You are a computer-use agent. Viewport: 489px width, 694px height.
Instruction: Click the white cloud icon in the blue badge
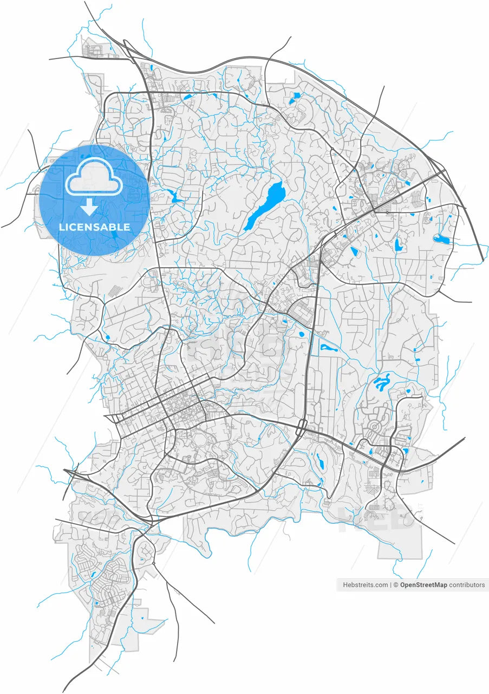[94, 176]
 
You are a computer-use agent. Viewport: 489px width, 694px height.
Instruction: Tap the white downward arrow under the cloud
[90, 207]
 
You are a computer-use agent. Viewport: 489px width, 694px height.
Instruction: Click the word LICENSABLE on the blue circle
[95, 227]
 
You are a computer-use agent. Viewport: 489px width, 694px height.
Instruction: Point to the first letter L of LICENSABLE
[61, 227]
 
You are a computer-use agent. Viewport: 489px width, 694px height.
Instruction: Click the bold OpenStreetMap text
[423, 585]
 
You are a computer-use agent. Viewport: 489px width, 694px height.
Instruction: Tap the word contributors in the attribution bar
[467, 585]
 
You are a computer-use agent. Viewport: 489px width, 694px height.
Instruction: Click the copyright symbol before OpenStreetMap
[396, 585]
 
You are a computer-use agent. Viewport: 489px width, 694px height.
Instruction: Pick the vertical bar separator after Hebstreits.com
[390, 585]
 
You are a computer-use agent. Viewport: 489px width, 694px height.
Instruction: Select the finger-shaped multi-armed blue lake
[382, 383]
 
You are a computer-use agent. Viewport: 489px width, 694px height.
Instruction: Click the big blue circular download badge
[95, 200]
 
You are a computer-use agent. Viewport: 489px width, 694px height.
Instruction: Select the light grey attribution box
[412, 585]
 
